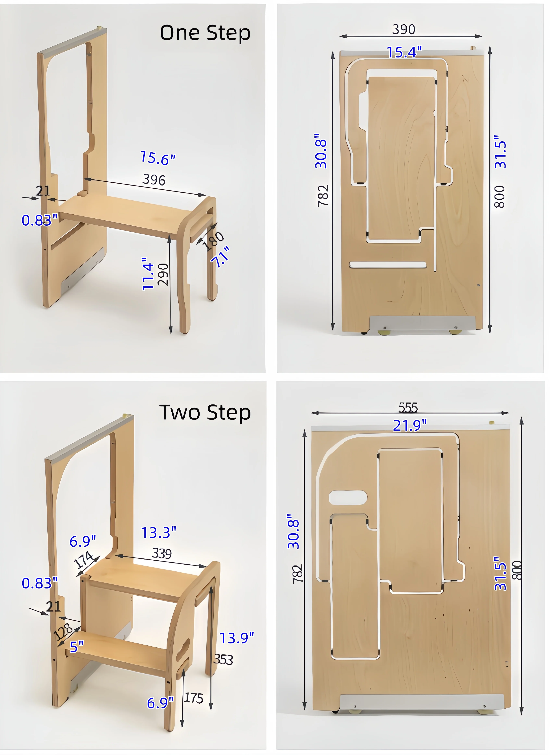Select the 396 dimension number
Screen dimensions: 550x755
(x=154, y=180)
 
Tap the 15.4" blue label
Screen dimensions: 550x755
(x=404, y=52)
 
